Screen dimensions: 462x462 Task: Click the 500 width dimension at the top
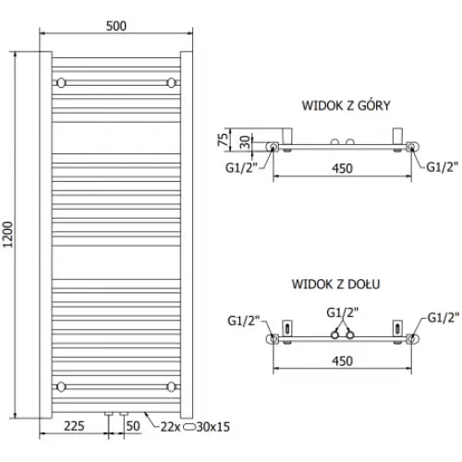coord(116,26)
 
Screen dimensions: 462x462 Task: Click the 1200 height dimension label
coord(7,235)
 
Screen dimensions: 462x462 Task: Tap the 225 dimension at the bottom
coord(74,426)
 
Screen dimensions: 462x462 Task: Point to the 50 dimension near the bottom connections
coord(133,426)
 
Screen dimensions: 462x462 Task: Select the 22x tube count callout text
coord(170,427)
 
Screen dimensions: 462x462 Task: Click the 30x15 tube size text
coord(213,427)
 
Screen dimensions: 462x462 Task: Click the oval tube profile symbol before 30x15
coord(189,427)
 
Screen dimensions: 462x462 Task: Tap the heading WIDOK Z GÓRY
coord(346,105)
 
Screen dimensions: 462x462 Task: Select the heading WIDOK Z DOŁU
coord(335,284)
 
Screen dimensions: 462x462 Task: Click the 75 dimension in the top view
coord(223,140)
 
